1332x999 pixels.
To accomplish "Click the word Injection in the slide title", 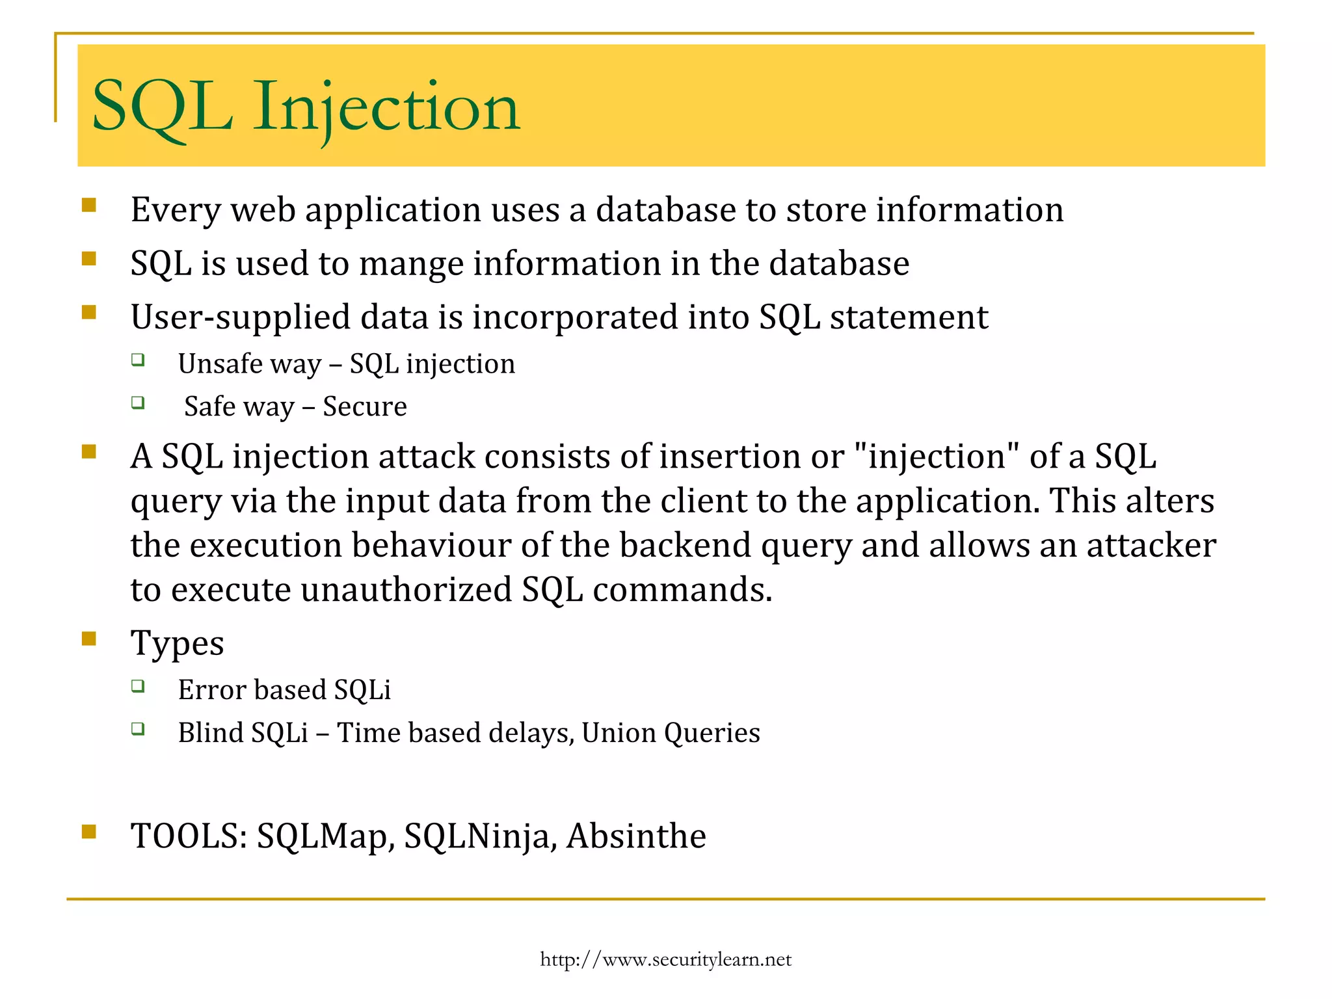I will (386, 106).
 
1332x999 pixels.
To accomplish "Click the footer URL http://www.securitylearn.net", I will (665, 959).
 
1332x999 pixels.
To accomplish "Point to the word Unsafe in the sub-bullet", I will (215, 364).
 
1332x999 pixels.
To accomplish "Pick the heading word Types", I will (177, 643).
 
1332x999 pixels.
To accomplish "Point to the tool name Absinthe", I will (635, 836).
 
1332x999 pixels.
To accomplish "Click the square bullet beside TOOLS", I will (89, 832).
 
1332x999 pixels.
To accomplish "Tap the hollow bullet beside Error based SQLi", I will (137, 686).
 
